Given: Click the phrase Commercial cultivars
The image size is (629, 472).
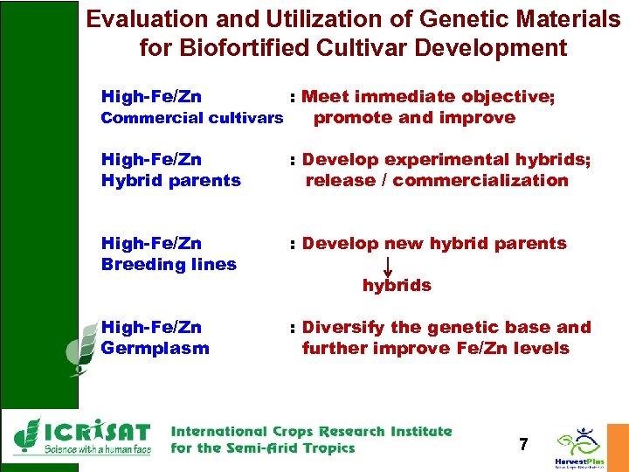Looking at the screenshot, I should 192,118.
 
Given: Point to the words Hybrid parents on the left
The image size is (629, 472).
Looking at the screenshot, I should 171,181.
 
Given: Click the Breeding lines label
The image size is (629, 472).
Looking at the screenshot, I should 169,265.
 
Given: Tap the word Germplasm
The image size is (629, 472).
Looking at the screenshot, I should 156,349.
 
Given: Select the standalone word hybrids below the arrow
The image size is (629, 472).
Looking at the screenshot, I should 397,286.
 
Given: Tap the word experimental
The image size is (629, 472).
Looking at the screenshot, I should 433,160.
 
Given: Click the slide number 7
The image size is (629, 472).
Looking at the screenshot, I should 522,445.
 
